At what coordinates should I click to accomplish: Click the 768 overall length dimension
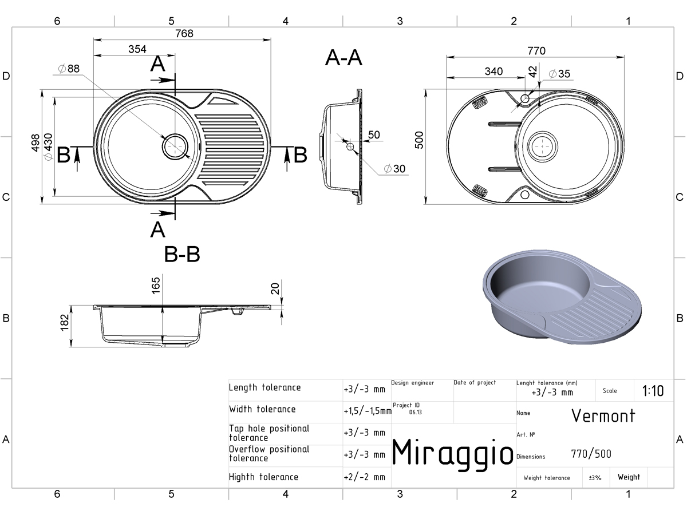pyautogui.click(x=184, y=33)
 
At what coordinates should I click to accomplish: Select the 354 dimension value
pyautogui.click(x=137, y=49)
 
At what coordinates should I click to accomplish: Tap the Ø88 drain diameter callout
pyautogui.click(x=69, y=69)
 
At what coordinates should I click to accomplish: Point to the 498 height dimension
pyautogui.click(x=35, y=143)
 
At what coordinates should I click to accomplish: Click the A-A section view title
pyautogui.click(x=343, y=58)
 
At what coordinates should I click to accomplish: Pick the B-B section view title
pyautogui.click(x=182, y=254)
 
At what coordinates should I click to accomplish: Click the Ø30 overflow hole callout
pyautogui.click(x=394, y=169)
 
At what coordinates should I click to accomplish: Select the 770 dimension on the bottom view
pyautogui.click(x=536, y=51)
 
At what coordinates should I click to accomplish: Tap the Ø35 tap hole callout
pyautogui.click(x=559, y=74)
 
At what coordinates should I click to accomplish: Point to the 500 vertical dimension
pyautogui.click(x=418, y=140)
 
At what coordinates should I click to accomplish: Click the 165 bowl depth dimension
pyautogui.click(x=156, y=286)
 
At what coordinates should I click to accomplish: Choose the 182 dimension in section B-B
pyautogui.click(x=64, y=322)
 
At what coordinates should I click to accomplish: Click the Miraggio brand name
pyautogui.click(x=453, y=453)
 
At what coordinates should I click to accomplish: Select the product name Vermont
pyautogui.click(x=603, y=416)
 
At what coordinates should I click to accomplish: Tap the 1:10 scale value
pyautogui.click(x=653, y=391)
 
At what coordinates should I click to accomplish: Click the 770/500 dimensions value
pyautogui.click(x=591, y=454)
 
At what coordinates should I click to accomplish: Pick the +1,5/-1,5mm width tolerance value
pyautogui.click(x=368, y=411)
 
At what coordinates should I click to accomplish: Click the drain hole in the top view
pyautogui.click(x=175, y=146)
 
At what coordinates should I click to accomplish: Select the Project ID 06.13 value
pyautogui.click(x=415, y=412)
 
